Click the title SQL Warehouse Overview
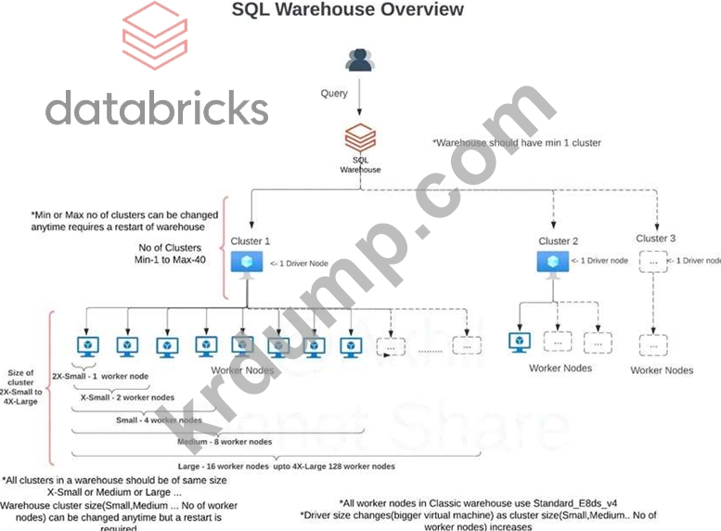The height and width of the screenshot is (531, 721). (347, 10)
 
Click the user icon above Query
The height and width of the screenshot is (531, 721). (359, 60)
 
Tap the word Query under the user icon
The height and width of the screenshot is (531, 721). (334, 93)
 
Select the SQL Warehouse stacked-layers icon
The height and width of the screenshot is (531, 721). (360, 138)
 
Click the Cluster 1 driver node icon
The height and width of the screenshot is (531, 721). (247, 263)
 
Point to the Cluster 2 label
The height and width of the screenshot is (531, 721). (554, 241)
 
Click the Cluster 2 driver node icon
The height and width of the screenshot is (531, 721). (554, 263)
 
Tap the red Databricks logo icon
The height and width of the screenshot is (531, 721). (154, 36)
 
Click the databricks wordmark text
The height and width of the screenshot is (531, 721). (157, 108)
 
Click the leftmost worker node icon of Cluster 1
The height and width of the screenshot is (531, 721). (86, 346)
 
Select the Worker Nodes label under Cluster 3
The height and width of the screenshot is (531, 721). (662, 370)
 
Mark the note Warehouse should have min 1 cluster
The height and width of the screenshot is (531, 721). (517, 143)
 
